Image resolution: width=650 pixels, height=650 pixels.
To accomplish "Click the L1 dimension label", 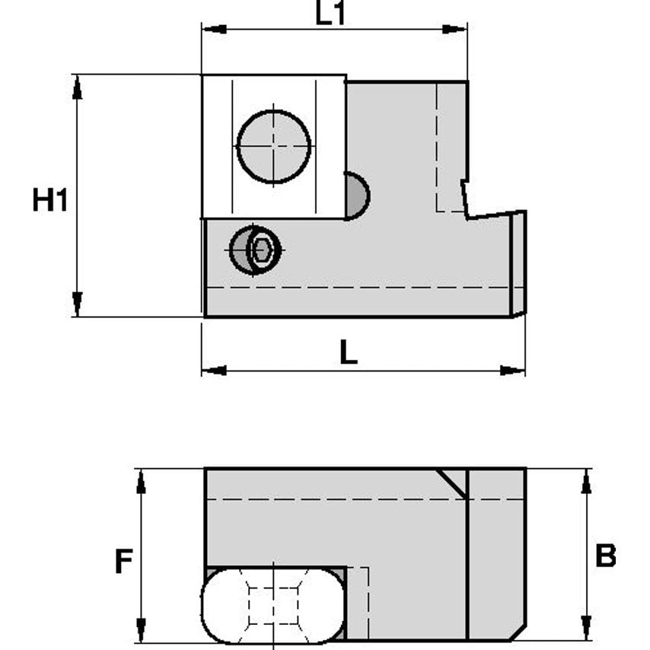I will (330, 13).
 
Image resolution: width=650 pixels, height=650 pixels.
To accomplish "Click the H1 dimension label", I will (50, 201).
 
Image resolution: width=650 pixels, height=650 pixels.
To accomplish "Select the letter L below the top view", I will (348, 352).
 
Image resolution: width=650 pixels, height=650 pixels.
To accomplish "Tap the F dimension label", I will (123, 562).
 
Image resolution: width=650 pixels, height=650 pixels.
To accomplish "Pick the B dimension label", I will (605, 556).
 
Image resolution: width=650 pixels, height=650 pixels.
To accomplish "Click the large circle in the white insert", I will (274, 146).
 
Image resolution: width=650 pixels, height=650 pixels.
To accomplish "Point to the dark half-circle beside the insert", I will (356, 196).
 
